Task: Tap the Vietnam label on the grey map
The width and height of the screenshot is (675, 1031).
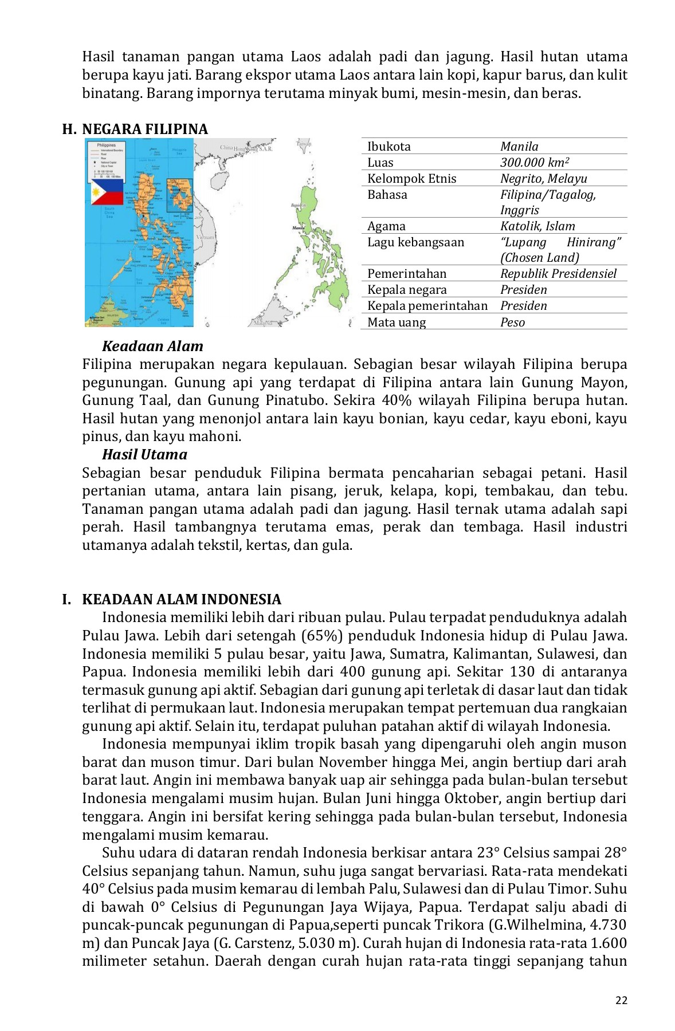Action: click(205, 237)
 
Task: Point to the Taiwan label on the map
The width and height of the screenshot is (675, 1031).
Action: click(303, 144)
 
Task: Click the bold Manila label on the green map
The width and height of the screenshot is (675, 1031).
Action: click(299, 228)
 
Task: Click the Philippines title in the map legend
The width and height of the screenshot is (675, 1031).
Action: click(106, 145)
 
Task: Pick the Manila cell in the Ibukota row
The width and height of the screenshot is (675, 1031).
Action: click(519, 147)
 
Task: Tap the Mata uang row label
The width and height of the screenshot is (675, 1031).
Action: click(396, 322)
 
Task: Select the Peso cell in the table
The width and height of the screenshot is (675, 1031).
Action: click(512, 322)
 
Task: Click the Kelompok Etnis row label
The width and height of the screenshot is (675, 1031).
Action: click(411, 179)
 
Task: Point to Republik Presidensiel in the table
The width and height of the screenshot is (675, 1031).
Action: click(558, 274)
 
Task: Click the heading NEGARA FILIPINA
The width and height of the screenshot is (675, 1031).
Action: click(145, 129)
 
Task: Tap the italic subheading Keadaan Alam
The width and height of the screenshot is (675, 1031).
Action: click(152, 347)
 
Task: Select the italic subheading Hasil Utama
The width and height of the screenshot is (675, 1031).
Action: click(144, 455)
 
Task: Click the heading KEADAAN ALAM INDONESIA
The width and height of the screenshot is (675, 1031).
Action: click(182, 600)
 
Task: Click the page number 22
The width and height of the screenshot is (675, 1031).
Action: click(621, 1000)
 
